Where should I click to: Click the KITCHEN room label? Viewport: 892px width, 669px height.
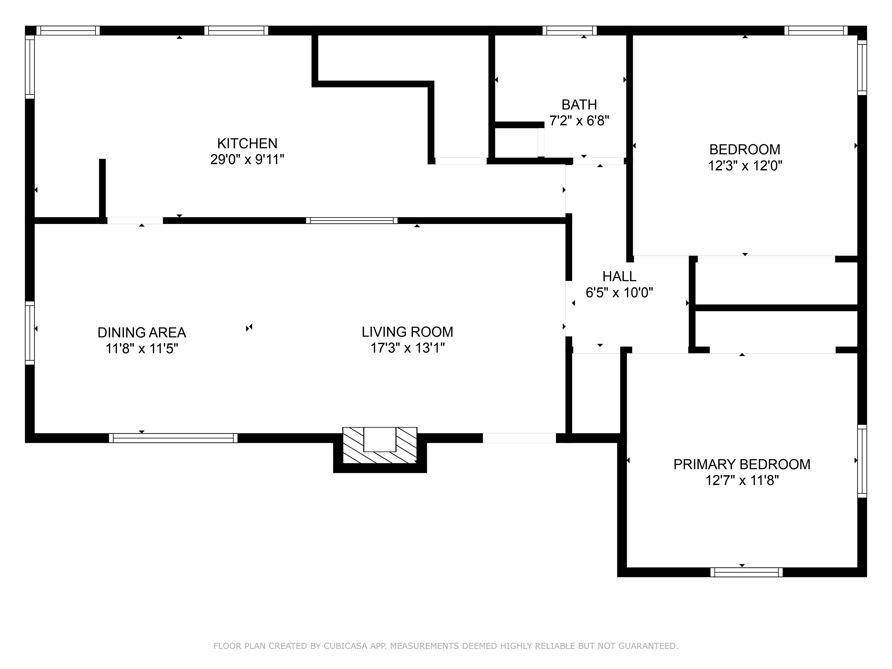coord(247,144)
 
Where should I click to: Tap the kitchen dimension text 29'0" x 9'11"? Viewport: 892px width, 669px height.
coord(247,160)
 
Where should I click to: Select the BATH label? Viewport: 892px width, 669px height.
coord(579,105)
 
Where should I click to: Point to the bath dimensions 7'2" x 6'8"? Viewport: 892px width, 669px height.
coord(579,121)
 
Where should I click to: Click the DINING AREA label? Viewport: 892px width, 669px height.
coord(142,333)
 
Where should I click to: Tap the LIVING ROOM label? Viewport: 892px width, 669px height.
coord(407,332)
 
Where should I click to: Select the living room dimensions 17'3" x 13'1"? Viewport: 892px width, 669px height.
coord(407,348)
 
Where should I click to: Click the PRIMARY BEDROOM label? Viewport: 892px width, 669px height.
coord(741,465)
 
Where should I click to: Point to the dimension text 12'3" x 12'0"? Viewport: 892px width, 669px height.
coord(745,166)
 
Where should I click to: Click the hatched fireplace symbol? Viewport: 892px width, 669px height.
coord(380,445)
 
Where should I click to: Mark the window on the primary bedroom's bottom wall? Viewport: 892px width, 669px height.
coord(746,572)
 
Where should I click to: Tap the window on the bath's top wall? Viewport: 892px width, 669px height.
coord(569,31)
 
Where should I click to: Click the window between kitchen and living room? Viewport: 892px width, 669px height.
coord(352,221)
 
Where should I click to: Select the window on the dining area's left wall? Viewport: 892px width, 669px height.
coord(30,333)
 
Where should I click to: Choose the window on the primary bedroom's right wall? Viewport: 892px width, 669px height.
coord(862,461)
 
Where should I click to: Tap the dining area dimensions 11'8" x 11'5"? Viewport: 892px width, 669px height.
coord(142,348)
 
